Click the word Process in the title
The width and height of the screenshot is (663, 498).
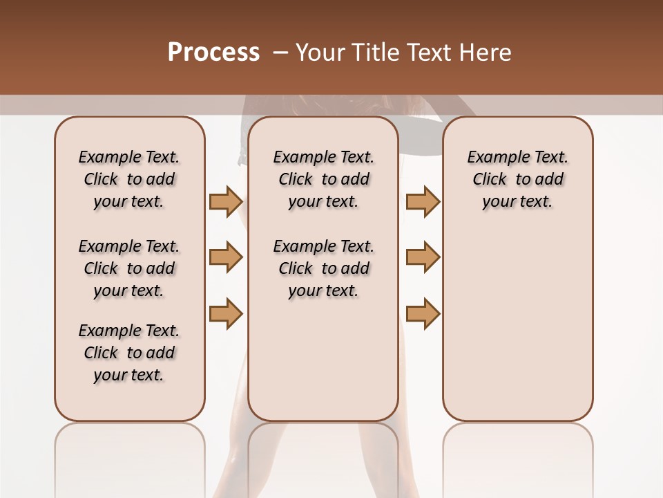point(213,53)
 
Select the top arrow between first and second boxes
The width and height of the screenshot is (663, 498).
point(226,202)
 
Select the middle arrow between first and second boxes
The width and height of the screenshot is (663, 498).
point(226,257)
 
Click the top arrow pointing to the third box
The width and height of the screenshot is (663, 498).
point(423,202)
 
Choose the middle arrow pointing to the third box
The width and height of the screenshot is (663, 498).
point(423,257)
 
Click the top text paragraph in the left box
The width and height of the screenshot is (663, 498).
point(129,179)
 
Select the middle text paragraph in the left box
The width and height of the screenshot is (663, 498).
point(129,268)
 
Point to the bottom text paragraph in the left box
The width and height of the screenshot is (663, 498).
point(129,353)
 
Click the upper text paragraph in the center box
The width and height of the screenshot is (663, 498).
point(323,179)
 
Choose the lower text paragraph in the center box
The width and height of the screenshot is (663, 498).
point(323,268)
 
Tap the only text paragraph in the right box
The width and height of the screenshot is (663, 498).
point(517,179)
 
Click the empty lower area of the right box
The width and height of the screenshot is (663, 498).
point(517,325)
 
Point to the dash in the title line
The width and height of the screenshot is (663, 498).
point(280,53)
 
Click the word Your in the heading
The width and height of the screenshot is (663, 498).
point(320,53)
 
